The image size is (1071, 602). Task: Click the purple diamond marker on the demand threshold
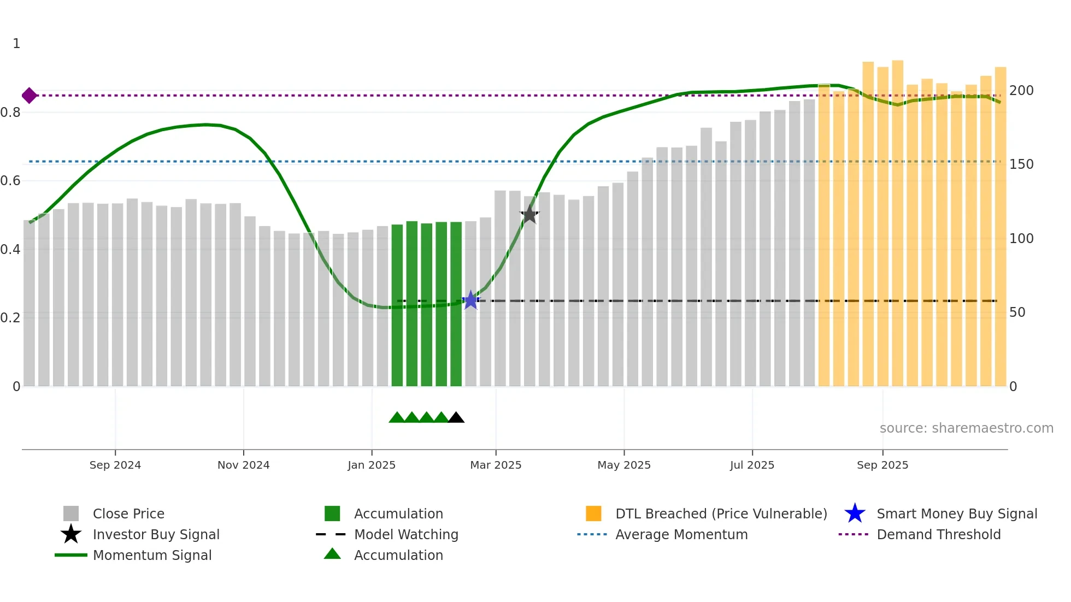point(30,96)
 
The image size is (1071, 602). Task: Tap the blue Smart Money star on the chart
point(470,300)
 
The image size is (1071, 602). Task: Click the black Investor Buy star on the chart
point(529,215)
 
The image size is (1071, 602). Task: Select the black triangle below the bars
point(456,418)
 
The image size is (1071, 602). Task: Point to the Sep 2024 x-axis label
point(115,465)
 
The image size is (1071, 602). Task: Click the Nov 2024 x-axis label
point(244,465)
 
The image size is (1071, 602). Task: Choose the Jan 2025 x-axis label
point(372,465)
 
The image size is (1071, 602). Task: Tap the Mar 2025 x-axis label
point(496,465)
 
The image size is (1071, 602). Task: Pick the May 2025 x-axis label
point(624,465)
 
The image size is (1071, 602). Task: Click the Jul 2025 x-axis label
point(752,465)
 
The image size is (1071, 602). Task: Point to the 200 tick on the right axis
point(1021,91)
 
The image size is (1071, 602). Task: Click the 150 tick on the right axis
point(1021,164)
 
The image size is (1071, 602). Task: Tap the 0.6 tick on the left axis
point(10,181)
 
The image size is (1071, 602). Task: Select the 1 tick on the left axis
point(16,44)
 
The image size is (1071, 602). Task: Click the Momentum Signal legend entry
point(152,555)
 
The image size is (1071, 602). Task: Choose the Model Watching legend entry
point(406,534)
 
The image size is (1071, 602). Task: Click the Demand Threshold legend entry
point(938,534)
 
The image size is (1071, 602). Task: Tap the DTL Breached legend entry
point(721,514)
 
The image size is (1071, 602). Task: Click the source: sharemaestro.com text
point(966,428)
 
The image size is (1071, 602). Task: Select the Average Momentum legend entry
point(681,534)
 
